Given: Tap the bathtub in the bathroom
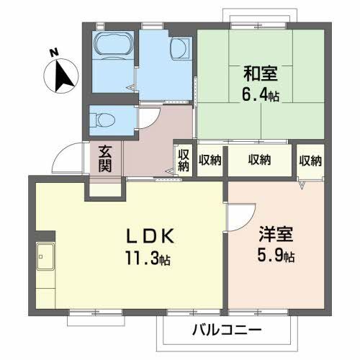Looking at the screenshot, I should [x=114, y=46].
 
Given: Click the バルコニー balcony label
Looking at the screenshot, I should [x=227, y=331].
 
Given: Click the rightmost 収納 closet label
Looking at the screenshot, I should [x=311, y=160].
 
